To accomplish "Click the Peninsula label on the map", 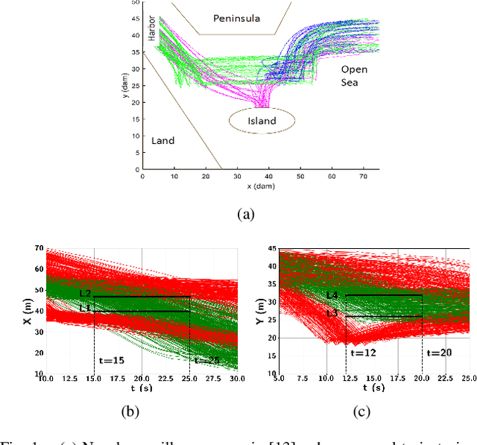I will [236, 18].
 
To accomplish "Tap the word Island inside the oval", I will [261, 121].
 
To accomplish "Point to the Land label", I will [163, 140].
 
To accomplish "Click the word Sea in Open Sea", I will [350, 82].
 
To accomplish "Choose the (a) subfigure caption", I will [245, 215].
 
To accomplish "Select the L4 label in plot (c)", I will [332, 296].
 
